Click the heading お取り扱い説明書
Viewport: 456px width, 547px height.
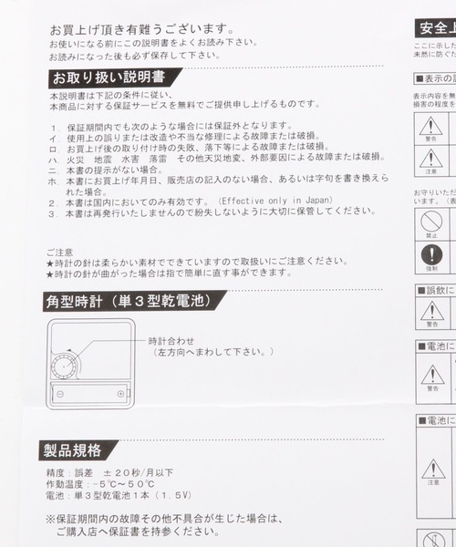[113, 77]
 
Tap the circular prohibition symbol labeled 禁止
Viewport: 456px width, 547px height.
[431, 221]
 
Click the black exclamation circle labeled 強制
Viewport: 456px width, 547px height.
[431, 255]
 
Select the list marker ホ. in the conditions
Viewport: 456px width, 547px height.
[55, 181]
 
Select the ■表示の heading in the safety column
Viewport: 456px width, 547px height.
[436, 78]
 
